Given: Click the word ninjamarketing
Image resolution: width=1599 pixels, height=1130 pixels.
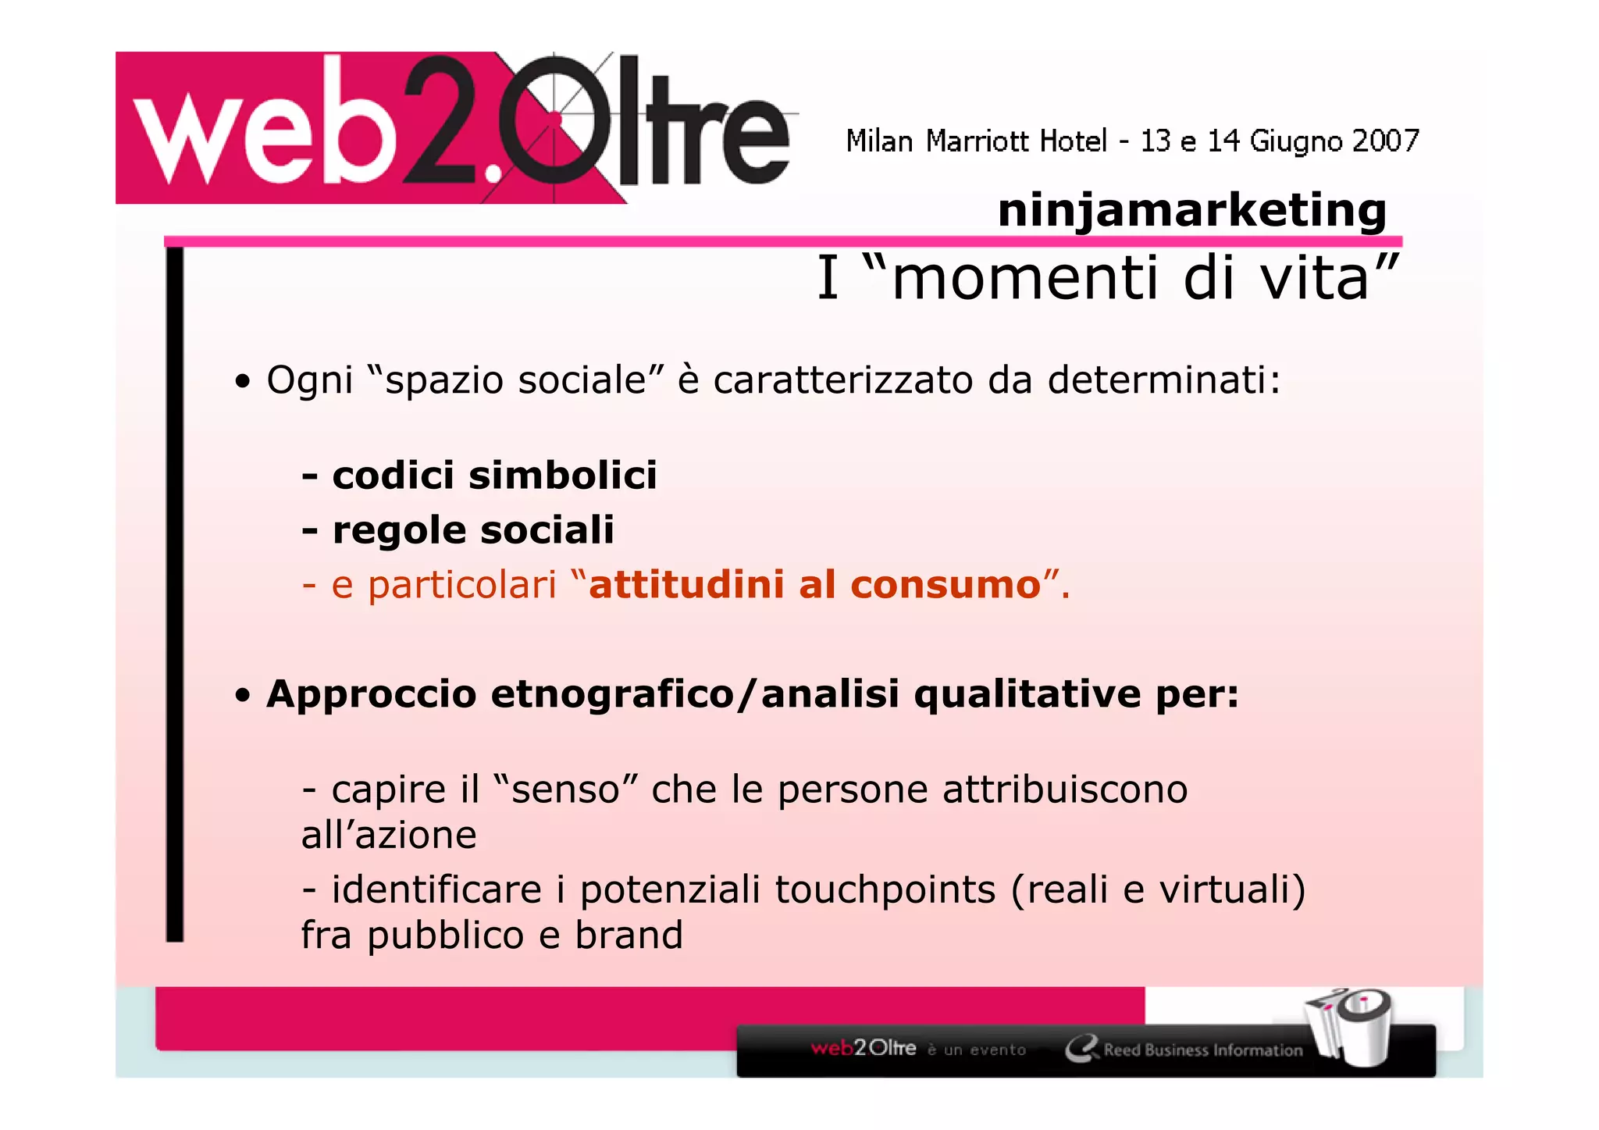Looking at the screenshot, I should point(1191,211).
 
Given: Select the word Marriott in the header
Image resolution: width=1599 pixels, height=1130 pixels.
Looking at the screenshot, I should point(977,141).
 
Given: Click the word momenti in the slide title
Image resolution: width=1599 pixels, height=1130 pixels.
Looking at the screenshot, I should point(1024,279).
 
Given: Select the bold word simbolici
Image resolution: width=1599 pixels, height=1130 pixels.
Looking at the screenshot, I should point(562,475).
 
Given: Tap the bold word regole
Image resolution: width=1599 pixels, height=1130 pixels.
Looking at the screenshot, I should point(399,531).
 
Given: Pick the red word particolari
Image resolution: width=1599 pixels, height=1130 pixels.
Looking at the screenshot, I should point(461,586).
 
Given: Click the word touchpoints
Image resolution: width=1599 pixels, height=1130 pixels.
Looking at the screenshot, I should point(885,889).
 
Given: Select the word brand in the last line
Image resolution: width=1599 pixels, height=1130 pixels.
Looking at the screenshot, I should point(629,936).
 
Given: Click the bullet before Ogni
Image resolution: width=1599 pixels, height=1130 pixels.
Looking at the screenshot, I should point(244,382).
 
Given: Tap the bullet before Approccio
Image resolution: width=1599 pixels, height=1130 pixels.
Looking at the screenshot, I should point(244,695).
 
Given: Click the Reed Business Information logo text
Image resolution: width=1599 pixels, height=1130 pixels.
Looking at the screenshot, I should point(1202,1050).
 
